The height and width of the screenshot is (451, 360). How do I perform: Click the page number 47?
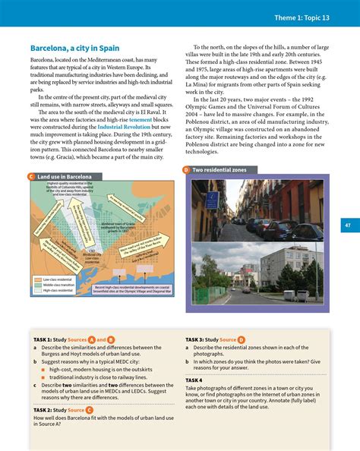coord(346,225)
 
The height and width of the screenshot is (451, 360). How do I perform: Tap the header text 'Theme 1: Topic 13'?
coord(312,17)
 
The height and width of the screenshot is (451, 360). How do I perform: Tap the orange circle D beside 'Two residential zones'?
coord(187,170)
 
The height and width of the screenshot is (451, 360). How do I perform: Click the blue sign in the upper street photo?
coord(216,200)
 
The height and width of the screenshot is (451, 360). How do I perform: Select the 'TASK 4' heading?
coord(194,379)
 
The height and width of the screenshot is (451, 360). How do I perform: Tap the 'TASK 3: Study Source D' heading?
coord(215,339)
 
